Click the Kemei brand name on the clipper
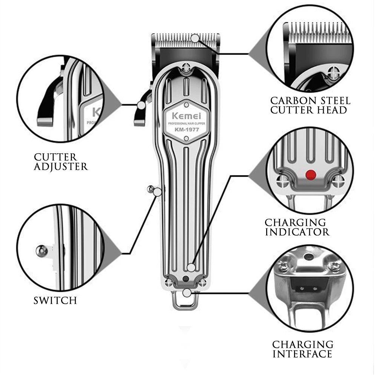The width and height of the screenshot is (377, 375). coord(184,115)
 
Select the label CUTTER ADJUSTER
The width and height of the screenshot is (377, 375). coord(60,162)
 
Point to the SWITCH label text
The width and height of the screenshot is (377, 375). coord(55,300)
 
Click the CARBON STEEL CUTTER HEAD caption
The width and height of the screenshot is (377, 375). coord(310,105)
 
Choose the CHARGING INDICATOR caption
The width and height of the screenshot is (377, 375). coord(297,227)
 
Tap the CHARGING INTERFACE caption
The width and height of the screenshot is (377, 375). coord(303,349)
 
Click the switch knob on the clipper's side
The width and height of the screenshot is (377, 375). coord(150,189)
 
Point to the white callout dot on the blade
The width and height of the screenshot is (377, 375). coord(195,38)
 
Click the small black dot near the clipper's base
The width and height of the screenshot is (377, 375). coord(185,278)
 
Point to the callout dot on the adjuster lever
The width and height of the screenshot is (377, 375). coord(141,106)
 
